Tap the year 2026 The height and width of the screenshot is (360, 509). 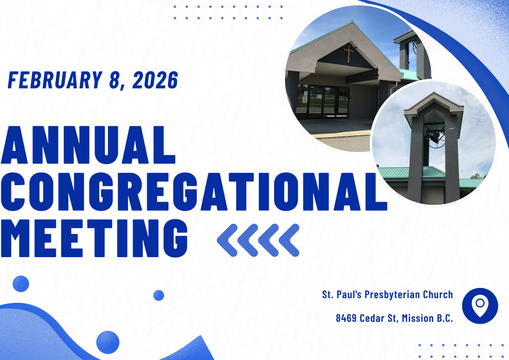click(x=155, y=80)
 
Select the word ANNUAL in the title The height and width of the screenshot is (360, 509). click(x=88, y=145)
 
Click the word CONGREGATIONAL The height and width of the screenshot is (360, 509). click(x=194, y=191)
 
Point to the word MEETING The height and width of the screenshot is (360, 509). click(x=94, y=238)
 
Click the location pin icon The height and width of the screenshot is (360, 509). click(x=480, y=306)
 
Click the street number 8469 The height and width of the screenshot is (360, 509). click(x=347, y=318)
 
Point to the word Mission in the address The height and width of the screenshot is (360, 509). click(x=418, y=318)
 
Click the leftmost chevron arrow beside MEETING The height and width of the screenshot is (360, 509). click(x=227, y=240)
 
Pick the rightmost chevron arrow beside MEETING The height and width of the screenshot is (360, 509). click(x=289, y=240)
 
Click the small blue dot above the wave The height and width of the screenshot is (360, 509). click(x=159, y=295)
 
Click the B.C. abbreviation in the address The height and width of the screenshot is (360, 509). click(x=445, y=318)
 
